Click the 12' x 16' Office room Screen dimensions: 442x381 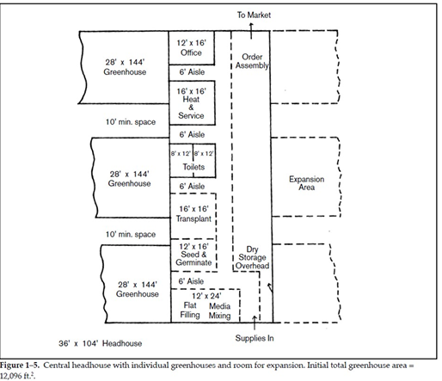192,48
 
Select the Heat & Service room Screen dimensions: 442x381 192,103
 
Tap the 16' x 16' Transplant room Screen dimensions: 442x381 193,216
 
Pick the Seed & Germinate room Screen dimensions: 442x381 193,255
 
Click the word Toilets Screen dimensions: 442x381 193,167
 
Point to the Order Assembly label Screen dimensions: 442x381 252,61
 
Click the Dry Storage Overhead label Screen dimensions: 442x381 252,257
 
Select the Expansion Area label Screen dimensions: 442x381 306,183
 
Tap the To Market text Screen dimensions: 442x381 254,15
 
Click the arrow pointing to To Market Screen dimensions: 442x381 251,31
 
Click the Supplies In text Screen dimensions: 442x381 255,338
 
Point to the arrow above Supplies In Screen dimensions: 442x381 255,323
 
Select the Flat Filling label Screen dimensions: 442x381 190,310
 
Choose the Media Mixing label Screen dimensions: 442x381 219,310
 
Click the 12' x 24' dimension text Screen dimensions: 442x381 206,296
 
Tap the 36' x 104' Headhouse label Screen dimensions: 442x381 100,343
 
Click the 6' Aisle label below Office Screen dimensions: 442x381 192,72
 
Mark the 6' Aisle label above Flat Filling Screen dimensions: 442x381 191,281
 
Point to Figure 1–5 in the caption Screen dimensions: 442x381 20,366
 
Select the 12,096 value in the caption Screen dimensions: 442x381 9,376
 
